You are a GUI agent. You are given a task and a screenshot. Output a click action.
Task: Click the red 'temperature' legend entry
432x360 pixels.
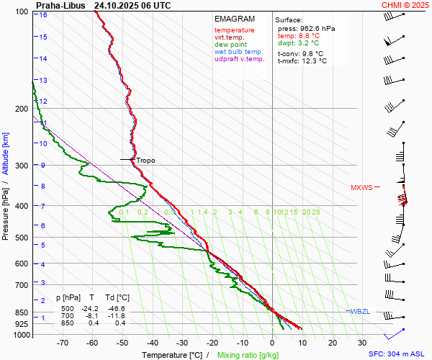[234, 30]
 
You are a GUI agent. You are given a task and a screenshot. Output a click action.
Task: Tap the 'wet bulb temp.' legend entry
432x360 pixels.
[238, 52]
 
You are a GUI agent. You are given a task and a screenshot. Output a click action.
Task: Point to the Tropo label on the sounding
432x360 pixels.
[145, 161]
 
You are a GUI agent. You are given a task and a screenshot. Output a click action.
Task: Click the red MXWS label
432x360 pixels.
[361, 188]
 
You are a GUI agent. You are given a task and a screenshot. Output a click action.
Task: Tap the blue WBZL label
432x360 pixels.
[360, 311]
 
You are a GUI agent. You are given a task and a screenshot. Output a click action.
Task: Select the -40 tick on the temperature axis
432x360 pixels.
[153, 344]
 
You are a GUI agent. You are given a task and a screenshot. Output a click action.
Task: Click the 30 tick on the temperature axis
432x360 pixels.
[362, 344]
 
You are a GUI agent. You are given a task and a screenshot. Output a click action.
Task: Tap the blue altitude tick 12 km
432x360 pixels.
[44, 102]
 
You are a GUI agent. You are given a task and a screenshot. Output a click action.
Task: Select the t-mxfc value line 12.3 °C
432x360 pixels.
[302, 61]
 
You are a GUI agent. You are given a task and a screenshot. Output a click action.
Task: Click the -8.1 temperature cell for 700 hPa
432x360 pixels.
[91, 315]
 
